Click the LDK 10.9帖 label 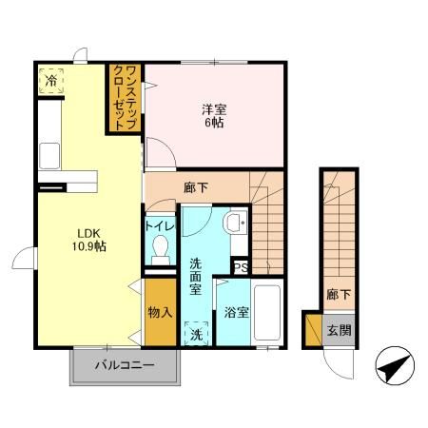pyautogui.click(x=89, y=240)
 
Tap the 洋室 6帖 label pyautogui.click(x=214, y=116)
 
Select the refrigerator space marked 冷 pyautogui.click(x=50, y=81)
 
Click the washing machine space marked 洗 pyautogui.click(x=197, y=334)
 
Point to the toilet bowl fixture pyautogui.click(x=161, y=250)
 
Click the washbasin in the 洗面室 pyautogui.click(x=235, y=222)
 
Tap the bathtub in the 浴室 pyautogui.click(x=267, y=313)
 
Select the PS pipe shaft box pyautogui.click(x=241, y=267)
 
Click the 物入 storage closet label pyautogui.click(x=161, y=312)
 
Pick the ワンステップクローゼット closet pyautogui.click(x=125, y=98)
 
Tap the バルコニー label pyautogui.click(x=125, y=365)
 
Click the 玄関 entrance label pyautogui.click(x=339, y=331)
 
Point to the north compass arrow pyautogui.click(x=395, y=366)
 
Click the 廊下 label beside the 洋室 pyautogui.click(x=196, y=188)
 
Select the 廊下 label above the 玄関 pyautogui.click(x=339, y=295)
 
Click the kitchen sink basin pyautogui.click(x=49, y=156)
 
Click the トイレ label pyautogui.click(x=160, y=226)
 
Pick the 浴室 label pyautogui.click(x=236, y=312)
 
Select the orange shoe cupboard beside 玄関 pyautogui.click(x=314, y=330)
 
